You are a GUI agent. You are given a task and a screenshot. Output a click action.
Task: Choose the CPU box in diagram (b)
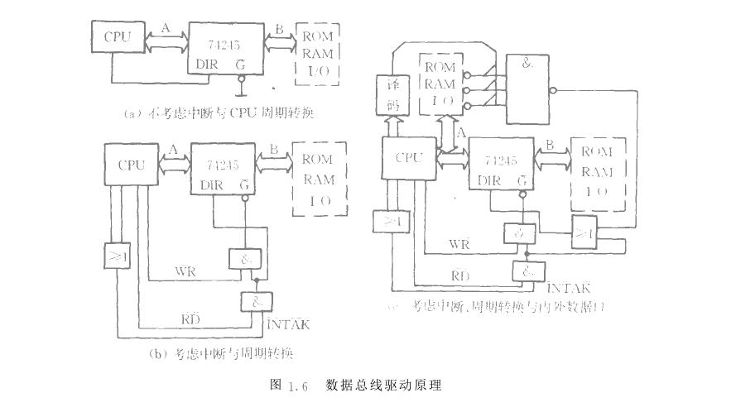130,165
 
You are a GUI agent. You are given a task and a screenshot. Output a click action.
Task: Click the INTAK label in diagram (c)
568,287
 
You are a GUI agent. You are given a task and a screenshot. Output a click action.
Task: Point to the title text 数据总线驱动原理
384,386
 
